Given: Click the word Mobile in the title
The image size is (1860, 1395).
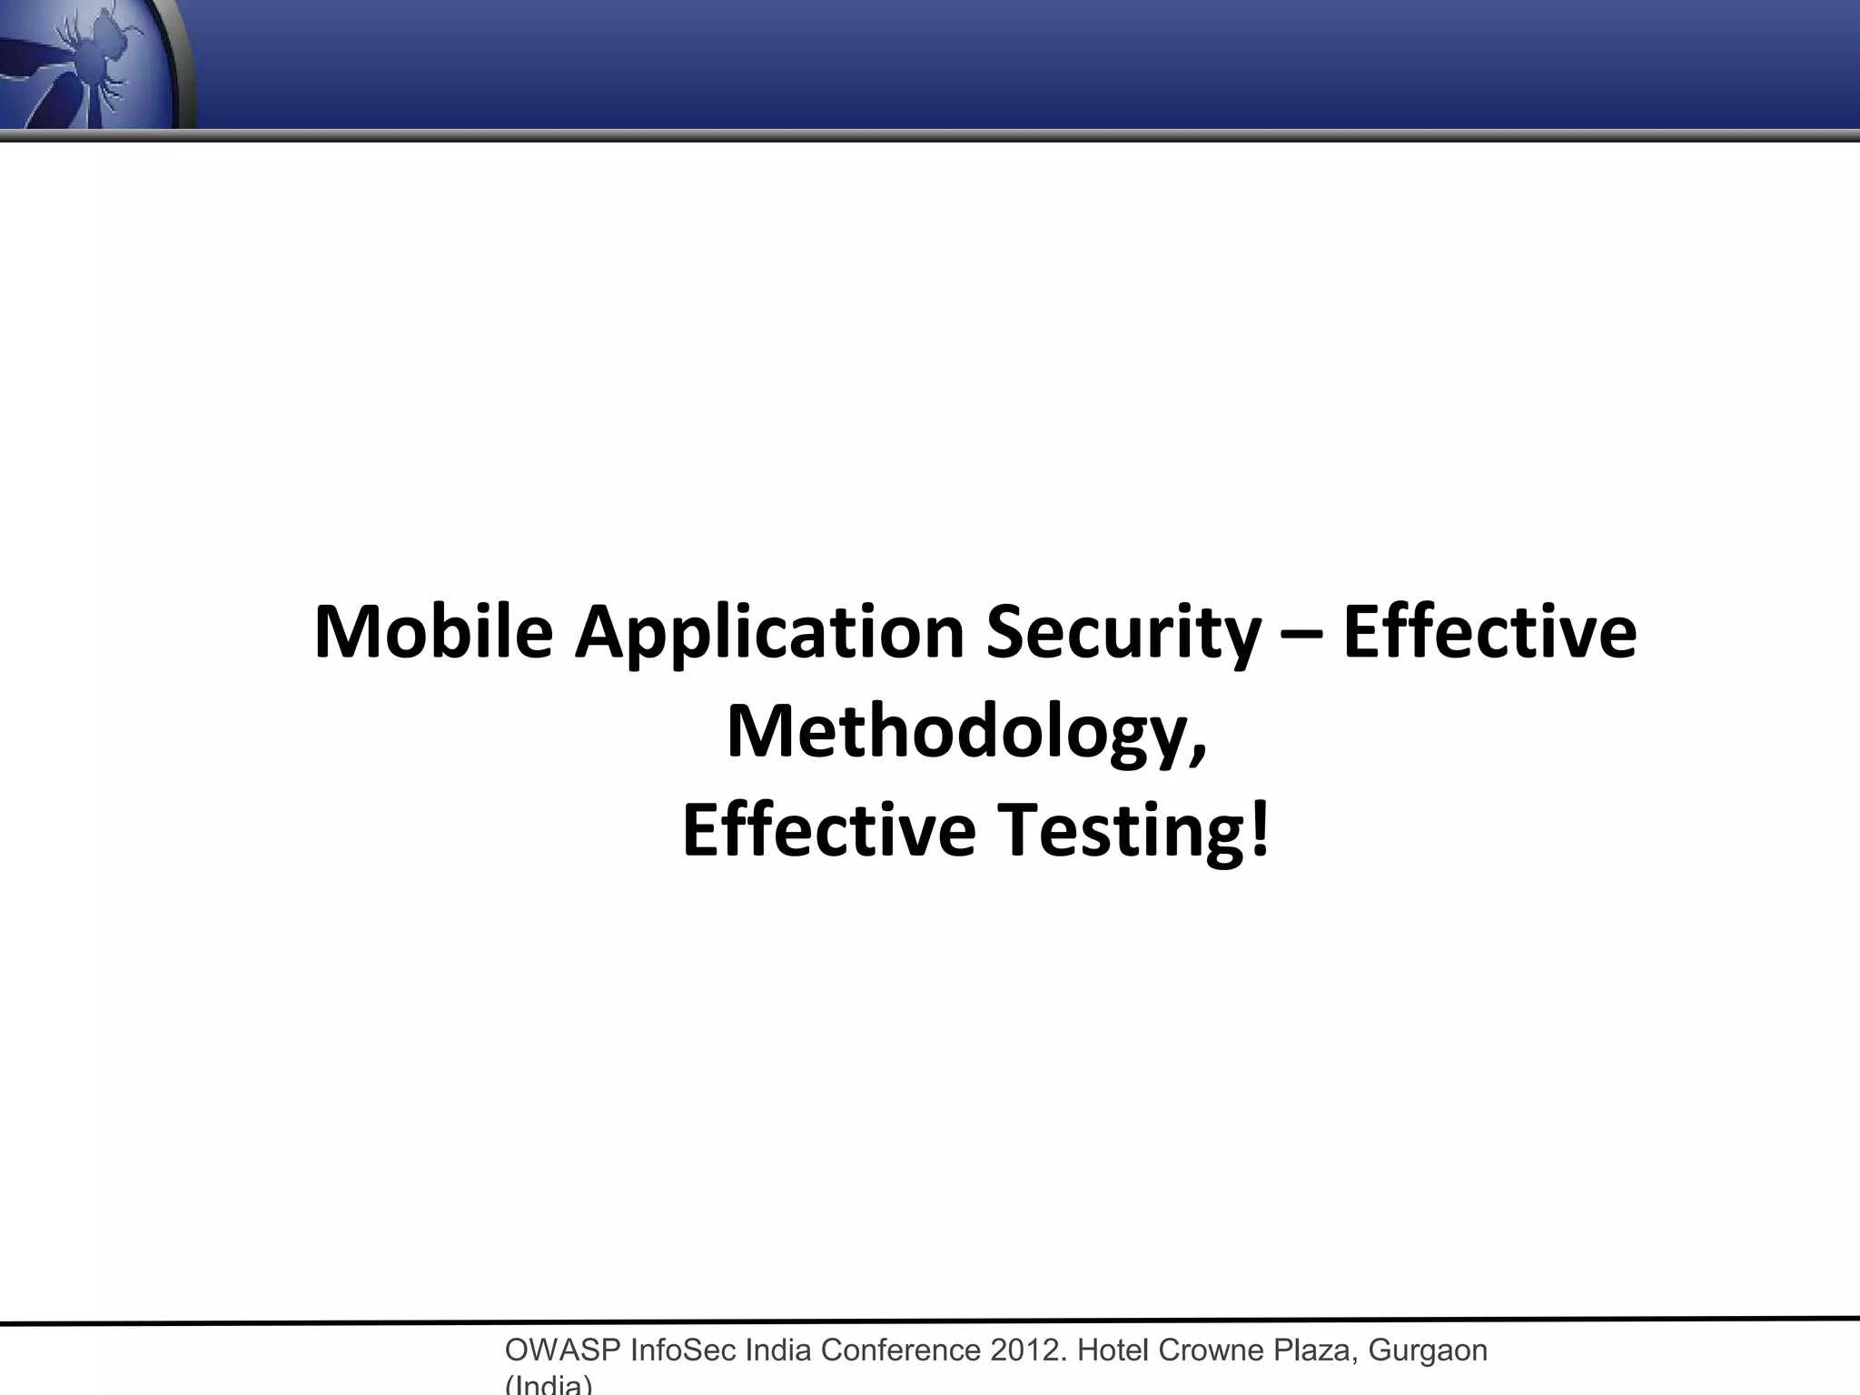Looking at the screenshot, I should tap(432, 632).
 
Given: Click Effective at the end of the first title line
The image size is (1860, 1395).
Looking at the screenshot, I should tap(1489, 632).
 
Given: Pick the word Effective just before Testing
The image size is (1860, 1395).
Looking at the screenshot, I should tap(828, 830).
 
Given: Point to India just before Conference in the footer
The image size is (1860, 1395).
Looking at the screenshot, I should tap(778, 1350).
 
